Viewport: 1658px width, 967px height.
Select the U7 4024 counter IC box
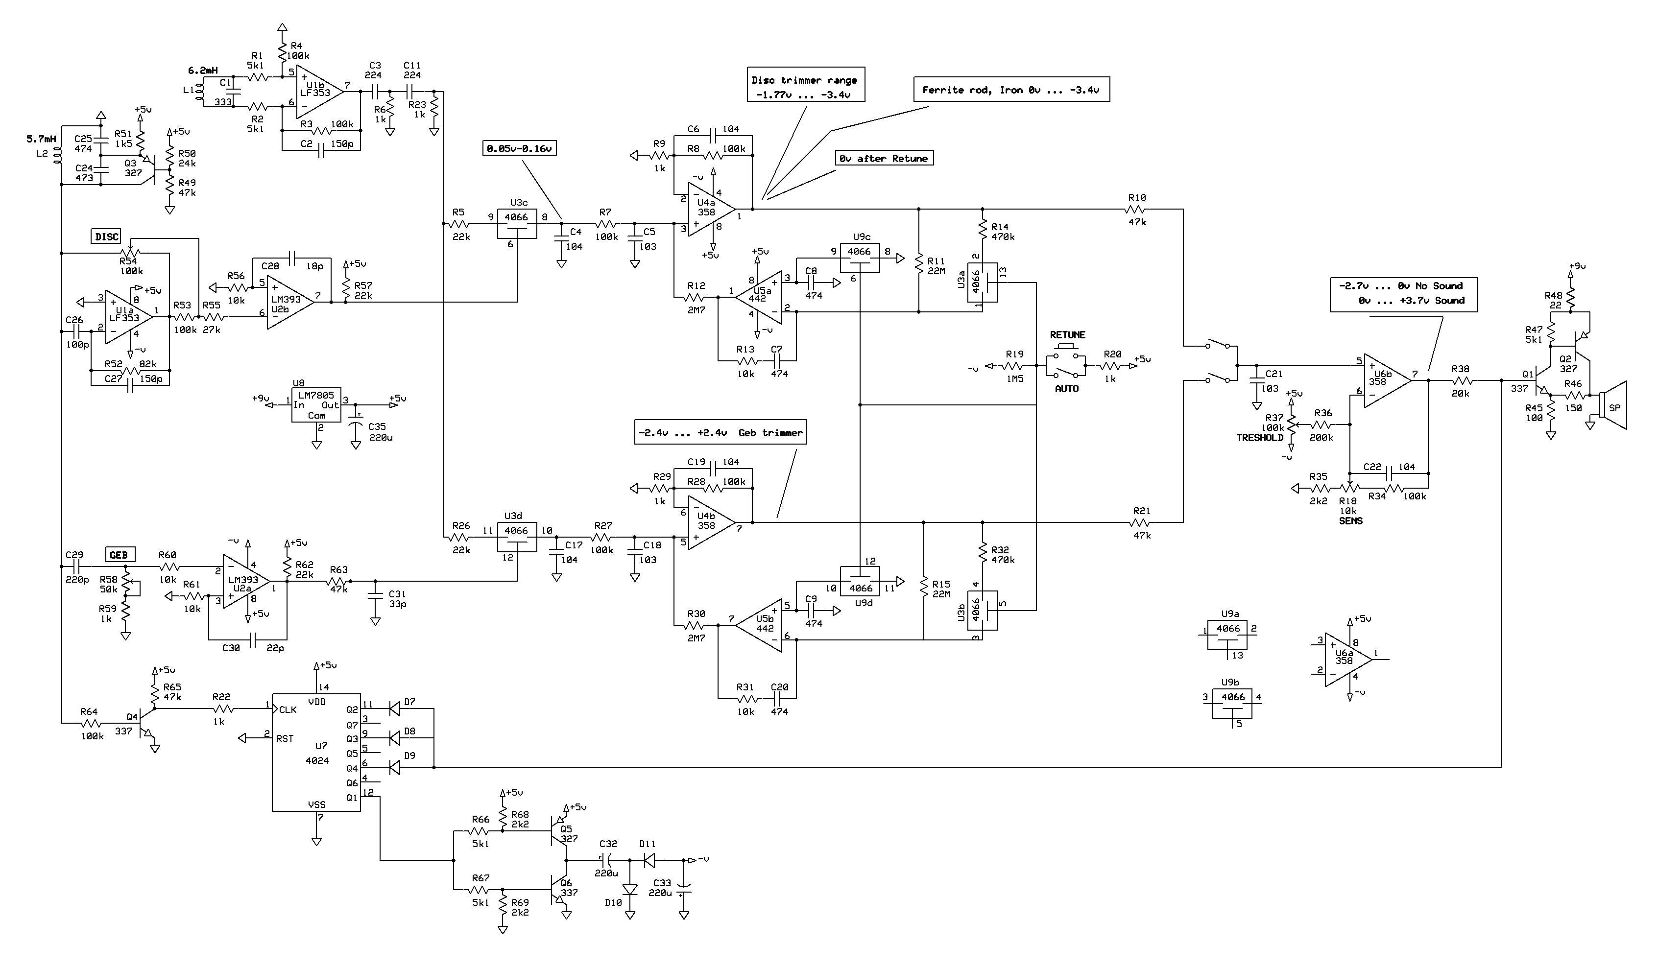(x=316, y=752)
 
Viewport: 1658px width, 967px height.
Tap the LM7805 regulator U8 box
(x=316, y=405)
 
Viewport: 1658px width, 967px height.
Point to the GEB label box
(x=119, y=555)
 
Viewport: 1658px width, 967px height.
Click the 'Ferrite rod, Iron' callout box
(x=1011, y=90)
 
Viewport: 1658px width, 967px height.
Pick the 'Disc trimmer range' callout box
(x=805, y=84)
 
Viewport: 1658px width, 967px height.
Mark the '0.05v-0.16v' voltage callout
(x=520, y=149)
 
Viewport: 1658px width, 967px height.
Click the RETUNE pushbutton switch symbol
(x=1066, y=361)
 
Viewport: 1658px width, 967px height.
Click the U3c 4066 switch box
(x=516, y=224)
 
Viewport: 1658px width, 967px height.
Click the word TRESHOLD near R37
(x=1259, y=437)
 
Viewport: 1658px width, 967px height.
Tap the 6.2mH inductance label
(x=203, y=71)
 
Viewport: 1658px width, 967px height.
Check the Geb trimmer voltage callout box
(x=721, y=433)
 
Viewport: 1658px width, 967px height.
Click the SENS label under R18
(x=1351, y=521)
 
